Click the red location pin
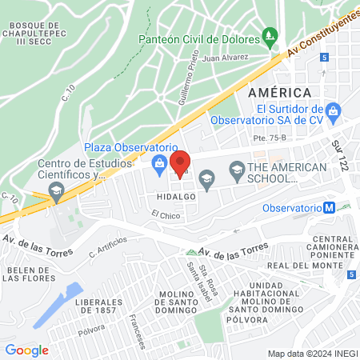point(180,162)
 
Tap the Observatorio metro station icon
point(328,207)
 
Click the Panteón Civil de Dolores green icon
point(270,37)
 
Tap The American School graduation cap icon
point(237,169)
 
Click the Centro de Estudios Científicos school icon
point(56,190)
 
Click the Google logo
point(26,350)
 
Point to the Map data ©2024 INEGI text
point(311,354)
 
